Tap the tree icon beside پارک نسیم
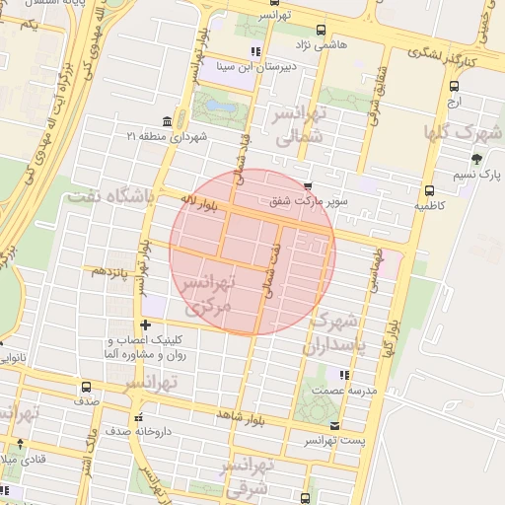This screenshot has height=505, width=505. coord(477,158)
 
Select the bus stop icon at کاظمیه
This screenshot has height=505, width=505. coord(428,190)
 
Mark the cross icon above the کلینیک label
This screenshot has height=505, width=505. coord(146,324)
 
